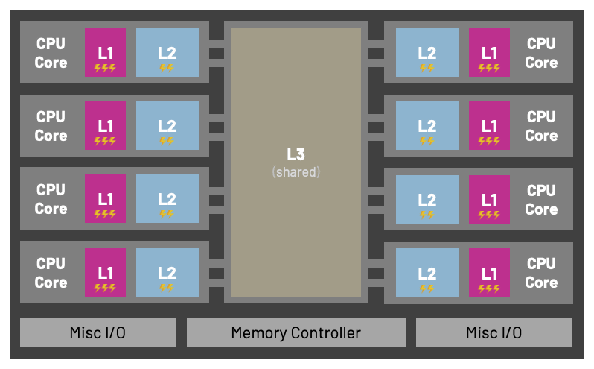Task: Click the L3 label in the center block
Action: [296, 154]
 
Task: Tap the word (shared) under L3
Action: [296, 172]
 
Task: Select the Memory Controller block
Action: [296, 332]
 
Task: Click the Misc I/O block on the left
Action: [98, 332]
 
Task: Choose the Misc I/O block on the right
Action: [494, 332]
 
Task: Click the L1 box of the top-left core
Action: [105, 52]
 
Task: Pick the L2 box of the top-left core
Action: [167, 52]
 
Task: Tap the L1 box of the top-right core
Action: [489, 52]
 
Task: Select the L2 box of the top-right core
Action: [427, 52]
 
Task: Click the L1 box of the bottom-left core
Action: [105, 272]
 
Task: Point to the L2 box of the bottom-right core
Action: [427, 272]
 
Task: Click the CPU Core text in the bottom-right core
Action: [541, 273]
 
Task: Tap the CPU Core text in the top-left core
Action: [51, 52]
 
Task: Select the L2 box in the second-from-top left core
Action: [167, 125]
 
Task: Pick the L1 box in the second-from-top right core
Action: [489, 125]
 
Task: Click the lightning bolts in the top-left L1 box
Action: [105, 68]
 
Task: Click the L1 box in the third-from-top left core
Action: [105, 199]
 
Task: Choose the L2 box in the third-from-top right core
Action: [427, 199]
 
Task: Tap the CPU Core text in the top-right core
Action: [541, 52]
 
